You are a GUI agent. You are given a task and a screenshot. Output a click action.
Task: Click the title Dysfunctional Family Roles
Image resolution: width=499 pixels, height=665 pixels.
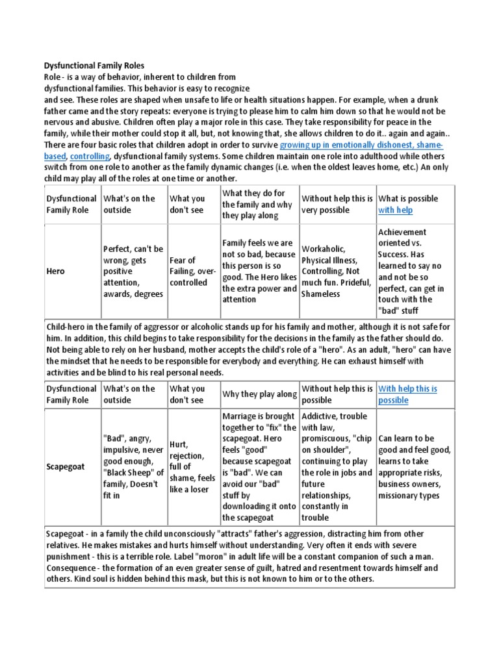(x=94, y=66)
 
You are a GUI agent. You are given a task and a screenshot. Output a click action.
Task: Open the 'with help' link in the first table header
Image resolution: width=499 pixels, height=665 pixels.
(x=395, y=210)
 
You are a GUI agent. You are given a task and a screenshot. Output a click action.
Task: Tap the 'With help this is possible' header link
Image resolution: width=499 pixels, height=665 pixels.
(x=407, y=394)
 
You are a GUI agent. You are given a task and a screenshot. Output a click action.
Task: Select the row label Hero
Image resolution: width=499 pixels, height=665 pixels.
(x=55, y=271)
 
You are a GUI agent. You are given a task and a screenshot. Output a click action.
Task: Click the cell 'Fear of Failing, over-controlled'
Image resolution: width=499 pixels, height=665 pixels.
(x=193, y=271)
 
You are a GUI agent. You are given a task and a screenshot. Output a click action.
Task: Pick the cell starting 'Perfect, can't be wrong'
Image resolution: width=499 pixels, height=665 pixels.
(x=133, y=271)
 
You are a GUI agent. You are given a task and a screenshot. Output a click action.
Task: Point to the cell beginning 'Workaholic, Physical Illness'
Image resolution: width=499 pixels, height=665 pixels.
(x=336, y=271)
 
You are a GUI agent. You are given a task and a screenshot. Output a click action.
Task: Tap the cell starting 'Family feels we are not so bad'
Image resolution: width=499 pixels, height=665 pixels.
(x=259, y=271)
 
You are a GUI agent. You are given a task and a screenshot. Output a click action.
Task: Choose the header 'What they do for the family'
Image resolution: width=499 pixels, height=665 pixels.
(x=259, y=204)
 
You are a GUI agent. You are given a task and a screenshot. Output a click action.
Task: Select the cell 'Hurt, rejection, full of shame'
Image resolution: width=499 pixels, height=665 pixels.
(x=193, y=467)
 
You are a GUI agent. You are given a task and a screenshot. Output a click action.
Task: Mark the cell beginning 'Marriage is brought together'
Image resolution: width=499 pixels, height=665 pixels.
(x=259, y=467)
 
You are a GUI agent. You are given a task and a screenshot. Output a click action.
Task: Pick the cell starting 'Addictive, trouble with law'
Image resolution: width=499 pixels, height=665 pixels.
(x=336, y=467)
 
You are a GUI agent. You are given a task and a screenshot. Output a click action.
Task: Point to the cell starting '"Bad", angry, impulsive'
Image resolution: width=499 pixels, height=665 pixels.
(x=133, y=467)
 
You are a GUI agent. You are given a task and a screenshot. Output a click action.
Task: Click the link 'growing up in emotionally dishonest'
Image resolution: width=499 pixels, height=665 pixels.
(x=361, y=145)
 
